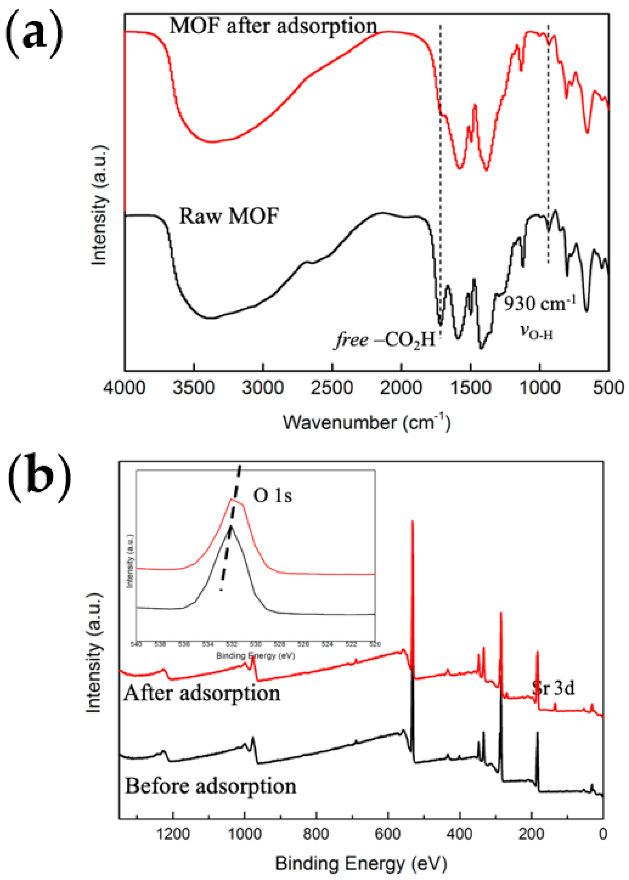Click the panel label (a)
[x=35, y=35]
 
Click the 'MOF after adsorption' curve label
[x=273, y=26]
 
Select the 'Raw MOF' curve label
[x=228, y=216]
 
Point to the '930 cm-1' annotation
[x=540, y=303]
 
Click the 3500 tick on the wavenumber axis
[x=194, y=388]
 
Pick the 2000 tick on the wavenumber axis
[x=401, y=388]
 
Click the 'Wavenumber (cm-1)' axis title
[x=366, y=422]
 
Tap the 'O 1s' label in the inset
[x=272, y=495]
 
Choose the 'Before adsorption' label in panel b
[x=210, y=786]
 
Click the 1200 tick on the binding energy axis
[x=173, y=834]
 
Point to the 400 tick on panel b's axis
[x=460, y=834]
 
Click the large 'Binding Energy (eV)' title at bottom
[x=361, y=864]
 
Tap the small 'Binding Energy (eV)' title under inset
[x=255, y=656]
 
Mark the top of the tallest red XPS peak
[x=413, y=522]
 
